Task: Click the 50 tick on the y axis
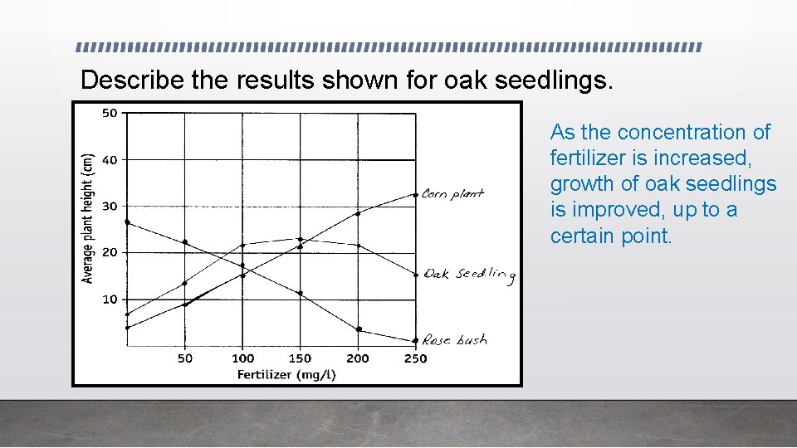[110, 113]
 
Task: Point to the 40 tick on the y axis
[110, 159]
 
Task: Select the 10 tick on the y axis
[110, 299]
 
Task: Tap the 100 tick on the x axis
[242, 358]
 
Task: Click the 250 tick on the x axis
[415, 358]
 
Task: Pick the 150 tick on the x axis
[300, 358]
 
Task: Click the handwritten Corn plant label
[452, 194]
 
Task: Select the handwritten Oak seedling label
[469, 275]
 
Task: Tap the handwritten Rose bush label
[454, 339]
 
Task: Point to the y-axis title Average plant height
[88, 217]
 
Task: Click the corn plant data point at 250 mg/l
[416, 195]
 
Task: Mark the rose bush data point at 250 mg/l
[415, 340]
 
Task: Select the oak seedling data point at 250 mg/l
[416, 275]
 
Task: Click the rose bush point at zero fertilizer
[127, 222]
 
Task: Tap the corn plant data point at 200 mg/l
[358, 213]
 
